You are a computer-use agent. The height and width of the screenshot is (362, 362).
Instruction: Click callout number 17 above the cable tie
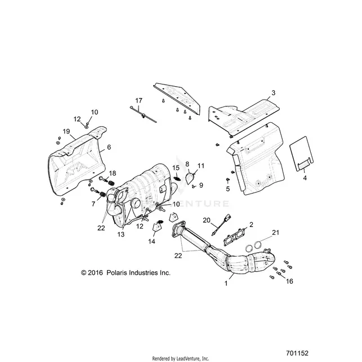tap(138, 101)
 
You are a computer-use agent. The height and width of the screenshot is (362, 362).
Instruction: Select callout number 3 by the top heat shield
tap(274, 93)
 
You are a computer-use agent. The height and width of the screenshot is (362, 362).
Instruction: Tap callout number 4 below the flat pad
tap(305, 178)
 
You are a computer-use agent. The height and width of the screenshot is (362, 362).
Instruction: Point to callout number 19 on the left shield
tap(66, 131)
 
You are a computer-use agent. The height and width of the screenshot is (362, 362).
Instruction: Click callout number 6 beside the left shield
tap(109, 147)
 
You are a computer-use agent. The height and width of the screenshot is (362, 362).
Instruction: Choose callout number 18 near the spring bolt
tap(113, 173)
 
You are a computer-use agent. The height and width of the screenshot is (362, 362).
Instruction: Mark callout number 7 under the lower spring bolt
tap(93, 204)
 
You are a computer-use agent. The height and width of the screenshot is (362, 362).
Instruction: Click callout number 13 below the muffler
tap(120, 234)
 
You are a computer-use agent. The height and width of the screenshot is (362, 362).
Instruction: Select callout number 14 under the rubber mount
tap(151, 242)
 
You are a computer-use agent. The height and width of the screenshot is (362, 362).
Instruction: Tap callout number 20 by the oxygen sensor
tap(207, 220)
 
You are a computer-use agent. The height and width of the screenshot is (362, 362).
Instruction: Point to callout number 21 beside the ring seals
tap(276, 233)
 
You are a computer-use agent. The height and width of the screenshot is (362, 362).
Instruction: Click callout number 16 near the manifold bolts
tap(289, 281)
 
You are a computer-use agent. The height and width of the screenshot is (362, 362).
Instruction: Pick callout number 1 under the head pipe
tap(226, 283)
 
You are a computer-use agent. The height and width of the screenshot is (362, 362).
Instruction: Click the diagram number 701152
tap(297, 353)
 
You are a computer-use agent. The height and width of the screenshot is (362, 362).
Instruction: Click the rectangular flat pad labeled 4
tap(301, 154)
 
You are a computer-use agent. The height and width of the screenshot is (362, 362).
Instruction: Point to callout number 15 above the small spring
tap(176, 168)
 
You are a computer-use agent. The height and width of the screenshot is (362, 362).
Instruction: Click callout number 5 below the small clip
tap(228, 189)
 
